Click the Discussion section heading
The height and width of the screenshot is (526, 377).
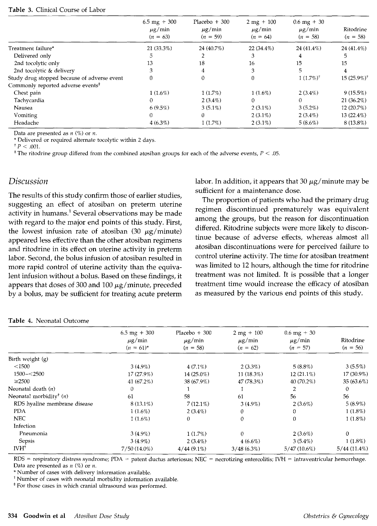pyautogui.click(x=28, y=181)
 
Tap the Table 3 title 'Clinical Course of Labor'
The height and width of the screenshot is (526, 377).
pyautogui.click(x=70, y=10)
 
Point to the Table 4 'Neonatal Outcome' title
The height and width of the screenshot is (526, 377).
pyautogui.click(x=62, y=321)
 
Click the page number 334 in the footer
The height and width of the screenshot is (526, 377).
pyautogui.click(x=13, y=516)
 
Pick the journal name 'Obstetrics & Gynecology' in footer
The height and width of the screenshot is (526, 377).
pyautogui.click(x=336, y=516)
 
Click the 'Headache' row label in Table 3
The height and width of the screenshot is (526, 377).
pyautogui.click(x=26, y=123)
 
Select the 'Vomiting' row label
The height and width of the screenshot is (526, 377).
pyautogui.click(x=25, y=115)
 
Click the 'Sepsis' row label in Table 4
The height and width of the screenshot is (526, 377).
pyautogui.click(x=26, y=441)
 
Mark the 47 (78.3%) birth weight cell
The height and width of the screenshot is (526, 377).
pyautogui.click(x=247, y=381)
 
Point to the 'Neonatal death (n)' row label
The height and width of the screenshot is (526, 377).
pyautogui.click(x=32, y=389)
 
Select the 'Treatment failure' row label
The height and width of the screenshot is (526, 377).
pyautogui.click(x=31, y=48)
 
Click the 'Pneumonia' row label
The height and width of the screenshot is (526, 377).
pyautogui.click(x=33, y=433)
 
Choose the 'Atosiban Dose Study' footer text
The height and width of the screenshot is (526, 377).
pyautogui.click(x=102, y=516)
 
